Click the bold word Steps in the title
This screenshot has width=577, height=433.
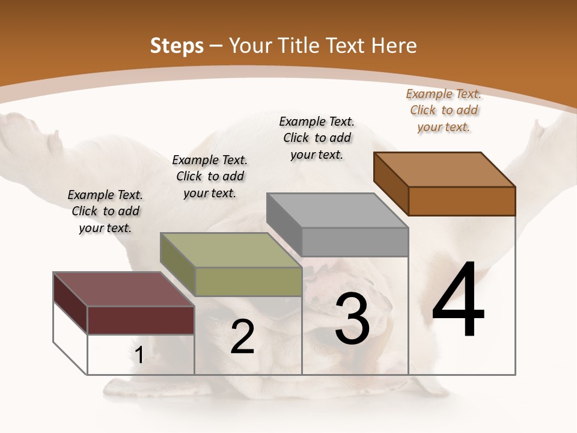tap(177, 46)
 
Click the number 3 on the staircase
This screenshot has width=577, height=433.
tap(352, 319)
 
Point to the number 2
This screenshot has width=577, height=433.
tap(242, 337)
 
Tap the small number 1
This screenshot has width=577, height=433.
tap(139, 355)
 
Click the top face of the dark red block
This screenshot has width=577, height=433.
tap(123, 289)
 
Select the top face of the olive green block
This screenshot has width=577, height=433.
tap(230, 250)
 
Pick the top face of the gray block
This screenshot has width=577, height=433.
tap(337, 210)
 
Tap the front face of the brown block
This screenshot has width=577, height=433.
tap(462, 201)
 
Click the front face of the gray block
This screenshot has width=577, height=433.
tap(355, 242)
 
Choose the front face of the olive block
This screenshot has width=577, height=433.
tap(248, 281)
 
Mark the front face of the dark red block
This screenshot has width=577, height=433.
tap(141, 320)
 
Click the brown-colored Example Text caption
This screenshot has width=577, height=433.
tap(444, 110)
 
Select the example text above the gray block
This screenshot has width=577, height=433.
tap(317, 138)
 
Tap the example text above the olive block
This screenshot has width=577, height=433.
tap(210, 176)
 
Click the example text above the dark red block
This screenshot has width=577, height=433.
tap(105, 211)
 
